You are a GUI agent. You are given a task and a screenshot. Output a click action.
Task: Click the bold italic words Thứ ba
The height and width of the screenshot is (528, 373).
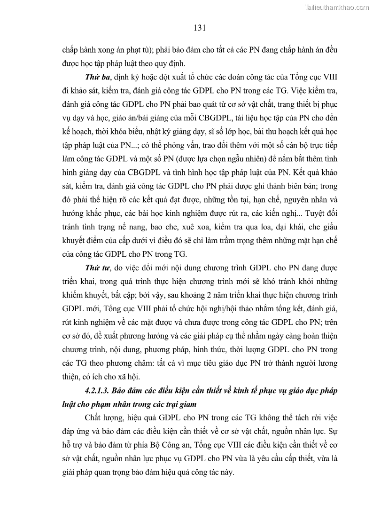point(98,77)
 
